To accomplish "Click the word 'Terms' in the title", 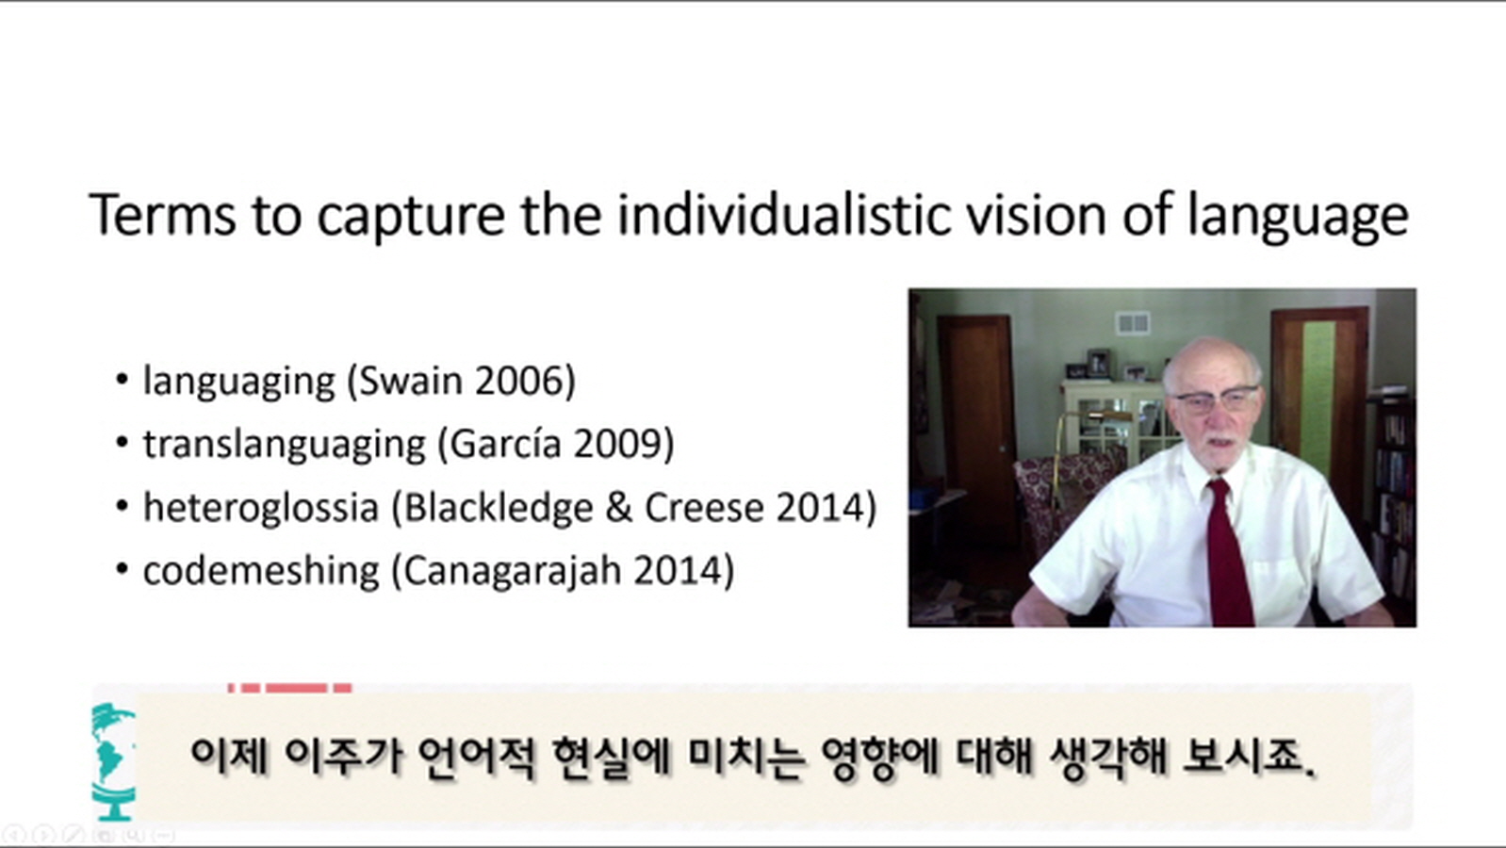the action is [x=163, y=215].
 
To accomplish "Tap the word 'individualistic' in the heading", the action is [x=784, y=215].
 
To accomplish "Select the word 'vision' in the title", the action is [x=1036, y=215].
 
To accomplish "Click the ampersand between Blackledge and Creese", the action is [x=618, y=508].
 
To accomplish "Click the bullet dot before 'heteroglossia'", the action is [x=122, y=506].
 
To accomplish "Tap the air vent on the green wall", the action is [x=1133, y=324].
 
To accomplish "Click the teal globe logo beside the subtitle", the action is [x=113, y=762].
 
